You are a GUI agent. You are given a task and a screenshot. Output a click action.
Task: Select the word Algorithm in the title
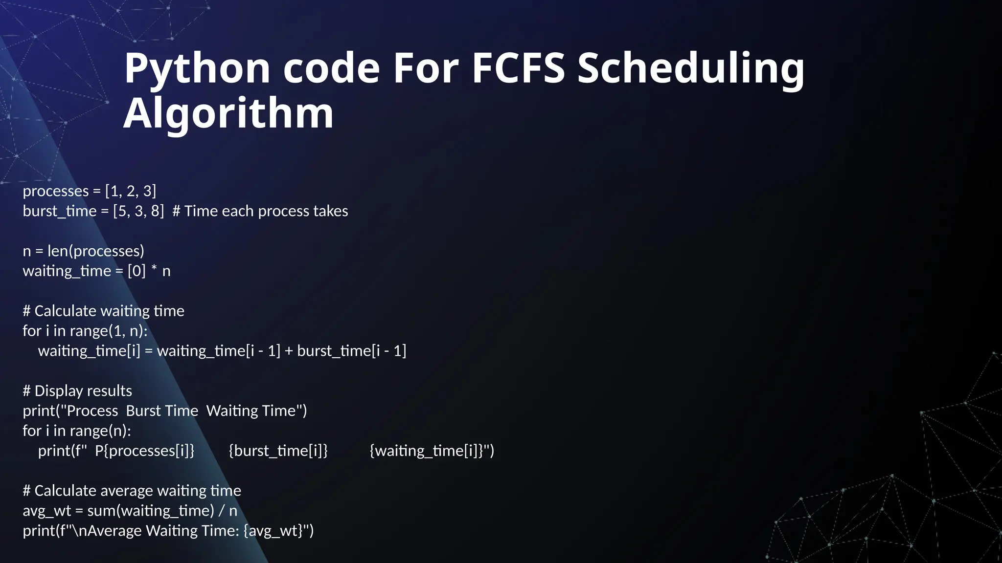(x=228, y=113)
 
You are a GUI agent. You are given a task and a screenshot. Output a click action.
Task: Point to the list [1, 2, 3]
(x=131, y=191)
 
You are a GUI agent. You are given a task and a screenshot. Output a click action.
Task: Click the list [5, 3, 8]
(x=138, y=211)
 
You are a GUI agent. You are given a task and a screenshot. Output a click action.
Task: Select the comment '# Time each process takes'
(x=260, y=211)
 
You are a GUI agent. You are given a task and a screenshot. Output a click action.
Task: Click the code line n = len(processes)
(x=84, y=251)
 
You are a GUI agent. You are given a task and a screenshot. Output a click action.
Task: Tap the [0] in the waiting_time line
(x=137, y=271)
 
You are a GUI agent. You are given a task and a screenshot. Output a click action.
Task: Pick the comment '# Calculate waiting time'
(x=104, y=311)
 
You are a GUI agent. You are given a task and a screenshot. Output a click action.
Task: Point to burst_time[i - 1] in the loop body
(x=351, y=351)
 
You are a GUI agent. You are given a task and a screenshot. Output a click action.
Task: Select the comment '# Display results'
(x=77, y=391)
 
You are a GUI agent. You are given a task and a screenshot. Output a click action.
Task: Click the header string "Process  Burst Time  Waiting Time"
(x=182, y=411)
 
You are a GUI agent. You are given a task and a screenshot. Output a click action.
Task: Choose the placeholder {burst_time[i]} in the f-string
(x=278, y=451)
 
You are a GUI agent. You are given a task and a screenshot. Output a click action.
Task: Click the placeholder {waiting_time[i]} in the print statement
(x=429, y=451)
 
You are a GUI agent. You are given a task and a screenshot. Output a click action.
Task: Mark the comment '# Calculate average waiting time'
(x=132, y=491)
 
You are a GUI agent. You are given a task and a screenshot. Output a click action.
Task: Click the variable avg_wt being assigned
(x=46, y=511)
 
